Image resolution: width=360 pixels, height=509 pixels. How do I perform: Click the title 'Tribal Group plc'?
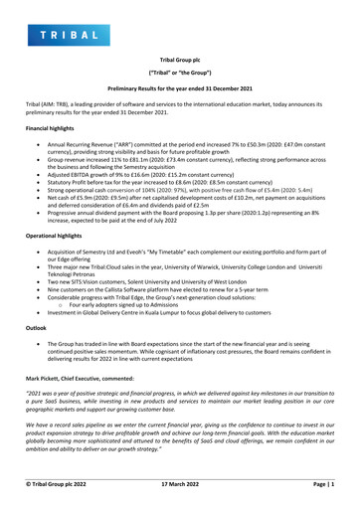(179, 60)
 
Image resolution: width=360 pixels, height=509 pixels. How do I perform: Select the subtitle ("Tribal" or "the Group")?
(179, 75)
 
